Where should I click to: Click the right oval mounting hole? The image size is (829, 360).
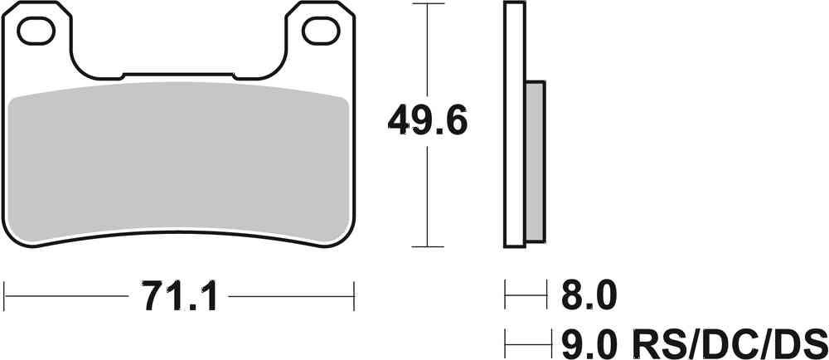[x=317, y=31]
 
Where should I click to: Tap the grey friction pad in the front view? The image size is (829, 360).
[x=178, y=162]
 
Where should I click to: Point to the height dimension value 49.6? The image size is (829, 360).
[x=428, y=123]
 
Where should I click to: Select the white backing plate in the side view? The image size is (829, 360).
[x=514, y=124]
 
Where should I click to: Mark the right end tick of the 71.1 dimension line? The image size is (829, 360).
[x=354, y=294]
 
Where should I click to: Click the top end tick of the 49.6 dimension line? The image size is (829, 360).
[x=426, y=4]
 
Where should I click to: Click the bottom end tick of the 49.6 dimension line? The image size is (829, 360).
[x=426, y=246]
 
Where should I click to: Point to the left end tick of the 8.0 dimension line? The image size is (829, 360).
[x=506, y=294]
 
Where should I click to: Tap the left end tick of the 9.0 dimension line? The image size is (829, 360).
[x=506, y=339]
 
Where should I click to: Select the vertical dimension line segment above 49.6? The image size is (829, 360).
[x=426, y=50]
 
